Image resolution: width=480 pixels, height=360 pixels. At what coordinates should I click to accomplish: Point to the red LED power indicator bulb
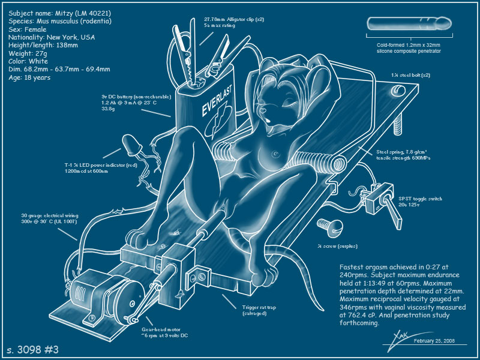point(131,144)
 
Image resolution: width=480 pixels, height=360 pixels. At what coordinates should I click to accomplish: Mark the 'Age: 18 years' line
point(30,77)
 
